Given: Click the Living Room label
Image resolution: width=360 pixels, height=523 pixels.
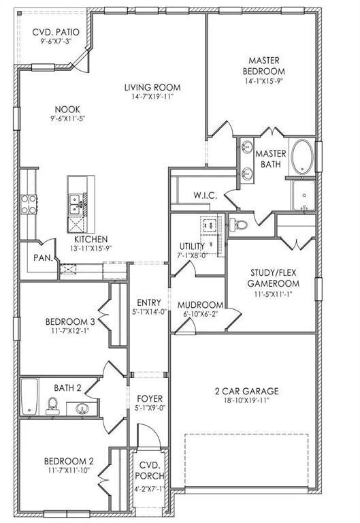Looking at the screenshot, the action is [152, 87].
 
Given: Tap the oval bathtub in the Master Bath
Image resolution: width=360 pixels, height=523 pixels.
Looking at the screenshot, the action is [303, 157].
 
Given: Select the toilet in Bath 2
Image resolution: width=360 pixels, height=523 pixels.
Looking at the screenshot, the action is [52, 406].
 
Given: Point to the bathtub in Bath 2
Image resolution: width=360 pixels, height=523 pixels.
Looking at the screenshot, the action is [29, 396].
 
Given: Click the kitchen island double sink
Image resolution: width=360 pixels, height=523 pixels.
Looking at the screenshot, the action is [76, 204].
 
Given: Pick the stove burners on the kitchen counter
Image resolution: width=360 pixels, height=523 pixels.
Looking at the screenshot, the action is [29, 204].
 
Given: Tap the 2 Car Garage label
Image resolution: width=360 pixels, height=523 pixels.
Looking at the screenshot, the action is [246, 391].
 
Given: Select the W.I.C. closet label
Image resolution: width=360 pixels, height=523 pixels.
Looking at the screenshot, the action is [206, 195].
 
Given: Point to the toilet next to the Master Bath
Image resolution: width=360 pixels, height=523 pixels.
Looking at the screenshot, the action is [239, 225].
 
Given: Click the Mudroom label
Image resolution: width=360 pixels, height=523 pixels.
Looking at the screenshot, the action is [200, 305].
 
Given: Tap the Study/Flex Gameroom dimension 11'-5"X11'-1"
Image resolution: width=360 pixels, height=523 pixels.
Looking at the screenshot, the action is [272, 294].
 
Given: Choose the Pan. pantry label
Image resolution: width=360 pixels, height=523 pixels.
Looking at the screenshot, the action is [44, 258].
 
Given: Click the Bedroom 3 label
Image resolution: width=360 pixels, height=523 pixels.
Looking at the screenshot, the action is [70, 322].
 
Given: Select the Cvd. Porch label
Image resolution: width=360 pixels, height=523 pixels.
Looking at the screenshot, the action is [150, 471].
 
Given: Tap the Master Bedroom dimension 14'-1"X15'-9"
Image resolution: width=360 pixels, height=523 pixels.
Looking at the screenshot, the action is [263, 80].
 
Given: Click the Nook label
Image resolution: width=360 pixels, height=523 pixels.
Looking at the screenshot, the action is [67, 109].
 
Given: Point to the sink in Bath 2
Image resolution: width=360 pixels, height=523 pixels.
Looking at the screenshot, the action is [82, 409].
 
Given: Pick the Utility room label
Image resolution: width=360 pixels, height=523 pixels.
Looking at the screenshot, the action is [193, 246].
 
